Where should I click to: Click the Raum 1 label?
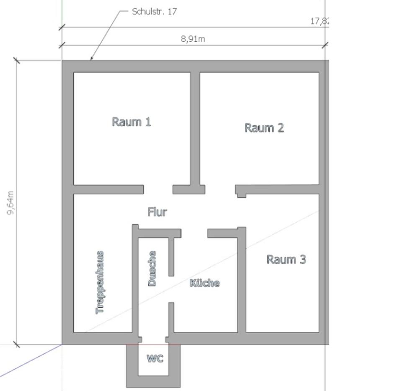pyautogui.click(x=131, y=122)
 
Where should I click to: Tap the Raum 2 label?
pyautogui.click(x=264, y=128)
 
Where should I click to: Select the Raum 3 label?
pyautogui.click(x=286, y=259)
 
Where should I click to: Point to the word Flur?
pyautogui.click(x=157, y=212)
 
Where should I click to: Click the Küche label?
pyautogui.click(x=204, y=283)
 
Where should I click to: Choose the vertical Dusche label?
pyautogui.click(x=152, y=268)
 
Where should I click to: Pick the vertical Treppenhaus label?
pyautogui.click(x=100, y=282)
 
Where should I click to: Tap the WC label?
pyautogui.click(x=155, y=358)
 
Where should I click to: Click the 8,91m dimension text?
pyautogui.click(x=193, y=39)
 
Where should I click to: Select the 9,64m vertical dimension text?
pyautogui.click(x=10, y=202)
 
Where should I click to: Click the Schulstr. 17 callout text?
pyautogui.click(x=154, y=11)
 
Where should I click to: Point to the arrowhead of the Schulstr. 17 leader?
pyautogui.click(x=91, y=59)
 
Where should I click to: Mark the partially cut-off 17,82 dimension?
pyautogui.click(x=320, y=21)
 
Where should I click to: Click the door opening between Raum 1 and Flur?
pyautogui.click(x=158, y=189)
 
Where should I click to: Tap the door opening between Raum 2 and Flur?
pyautogui.click(x=220, y=189)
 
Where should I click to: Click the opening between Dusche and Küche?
pyautogui.click(x=171, y=289)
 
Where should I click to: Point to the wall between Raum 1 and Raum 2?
pyautogui.click(x=195, y=128)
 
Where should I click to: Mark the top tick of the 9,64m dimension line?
pyautogui.click(x=16, y=60)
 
